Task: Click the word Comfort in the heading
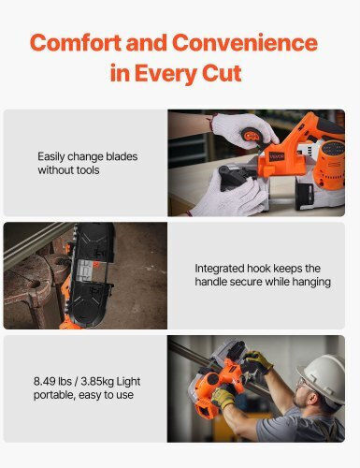76,43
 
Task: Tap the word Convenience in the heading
245,43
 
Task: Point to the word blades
122,156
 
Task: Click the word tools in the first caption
85,170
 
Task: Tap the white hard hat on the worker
323,377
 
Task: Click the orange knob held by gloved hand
252,136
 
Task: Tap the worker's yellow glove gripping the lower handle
223,397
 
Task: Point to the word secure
246,282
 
